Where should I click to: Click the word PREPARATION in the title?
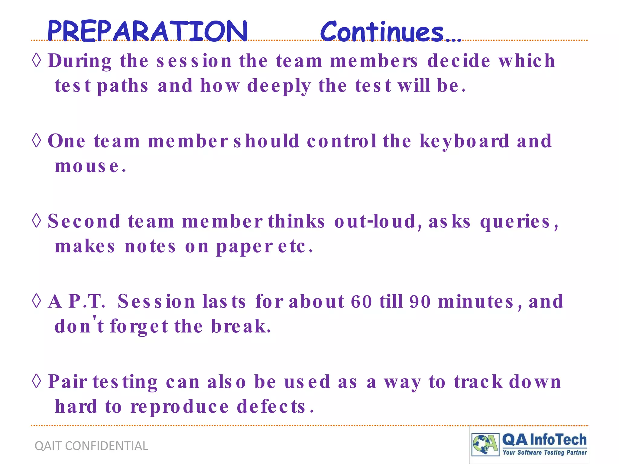tap(147, 31)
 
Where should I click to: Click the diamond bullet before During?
tap(37, 60)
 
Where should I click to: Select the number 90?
tap(420, 301)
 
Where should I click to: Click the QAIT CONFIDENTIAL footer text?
tap(91, 446)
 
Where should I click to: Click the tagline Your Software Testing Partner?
tap(545, 452)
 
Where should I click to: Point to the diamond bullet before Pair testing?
tap(37, 381)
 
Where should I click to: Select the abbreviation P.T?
tap(87, 301)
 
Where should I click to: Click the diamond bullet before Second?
tap(37, 221)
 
